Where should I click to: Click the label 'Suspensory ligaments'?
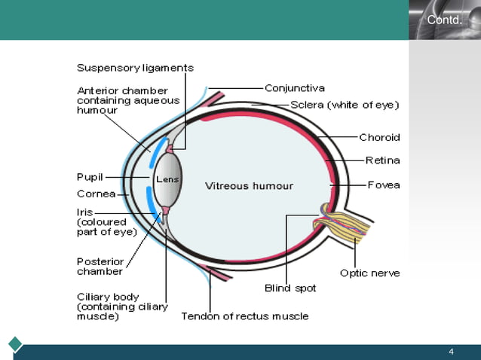coord(135,68)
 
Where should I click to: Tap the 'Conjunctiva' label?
coord(295,88)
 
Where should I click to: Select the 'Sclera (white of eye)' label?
coord(345,105)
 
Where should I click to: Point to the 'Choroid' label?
coord(379,138)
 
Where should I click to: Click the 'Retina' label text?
coord(382,160)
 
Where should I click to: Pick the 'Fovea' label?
coord(384,185)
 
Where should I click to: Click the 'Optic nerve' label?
coord(369,273)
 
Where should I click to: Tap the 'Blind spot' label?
coord(290,288)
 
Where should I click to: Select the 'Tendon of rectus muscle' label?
coord(245,316)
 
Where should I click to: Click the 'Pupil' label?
coord(90,177)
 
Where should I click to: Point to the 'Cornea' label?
coord(96,194)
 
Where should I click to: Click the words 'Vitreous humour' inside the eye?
coord(250,185)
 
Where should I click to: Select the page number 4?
coord(451,352)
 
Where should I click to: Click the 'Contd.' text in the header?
coord(444,20)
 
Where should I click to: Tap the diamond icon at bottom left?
coord(16,344)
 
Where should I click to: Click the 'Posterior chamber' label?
coord(100,267)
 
